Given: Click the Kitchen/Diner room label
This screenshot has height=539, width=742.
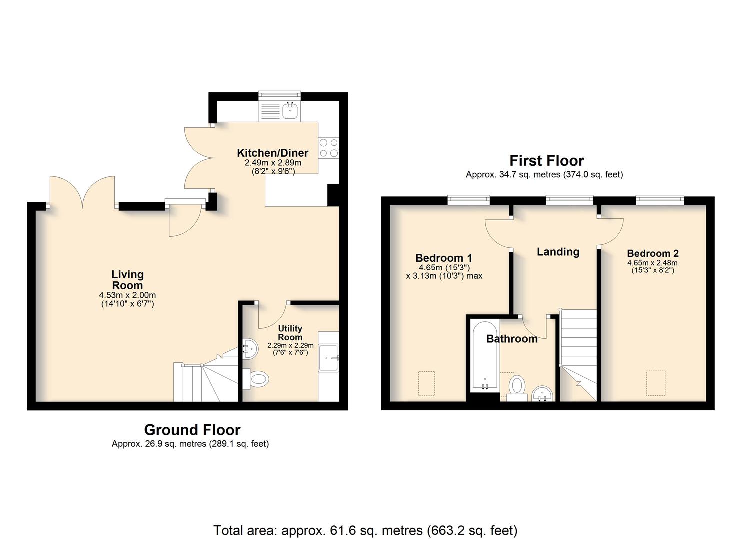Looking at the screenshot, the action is point(273,153).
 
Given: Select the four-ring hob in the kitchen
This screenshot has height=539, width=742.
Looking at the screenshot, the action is point(329,148).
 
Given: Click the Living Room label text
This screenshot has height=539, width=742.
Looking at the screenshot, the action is point(127,280).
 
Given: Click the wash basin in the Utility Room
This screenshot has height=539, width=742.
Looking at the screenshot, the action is point(250,349).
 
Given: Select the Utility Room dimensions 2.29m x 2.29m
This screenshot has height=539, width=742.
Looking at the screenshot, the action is point(290,345).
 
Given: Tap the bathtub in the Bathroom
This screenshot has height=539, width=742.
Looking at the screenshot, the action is point(485,357).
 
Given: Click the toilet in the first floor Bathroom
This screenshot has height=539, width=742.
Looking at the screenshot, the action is point(517,388).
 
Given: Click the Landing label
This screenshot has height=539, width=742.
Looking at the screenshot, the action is point(558,252).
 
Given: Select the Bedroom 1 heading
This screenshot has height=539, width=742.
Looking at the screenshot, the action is point(444,258).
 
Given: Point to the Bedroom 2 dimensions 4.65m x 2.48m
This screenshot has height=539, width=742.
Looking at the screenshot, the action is point(652,263).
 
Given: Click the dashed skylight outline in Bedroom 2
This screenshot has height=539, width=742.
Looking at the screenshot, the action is point(656,383).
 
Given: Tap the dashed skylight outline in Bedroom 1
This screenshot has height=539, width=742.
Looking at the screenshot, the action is point(427,384).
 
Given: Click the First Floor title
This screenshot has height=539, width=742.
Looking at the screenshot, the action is point(546,161).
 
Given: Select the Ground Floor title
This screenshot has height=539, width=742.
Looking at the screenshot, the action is point(192,430).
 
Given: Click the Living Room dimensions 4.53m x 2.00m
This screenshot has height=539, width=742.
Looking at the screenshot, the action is point(127,295).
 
